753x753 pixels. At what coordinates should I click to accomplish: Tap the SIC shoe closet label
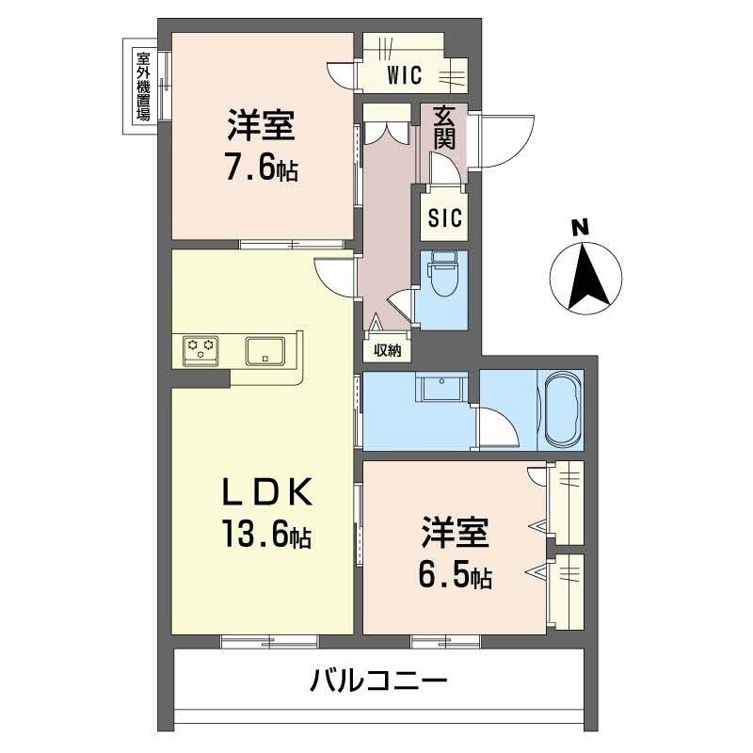point(443,218)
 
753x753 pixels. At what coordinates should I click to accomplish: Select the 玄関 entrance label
point(444,128)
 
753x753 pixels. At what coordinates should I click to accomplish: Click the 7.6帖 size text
point(261,169)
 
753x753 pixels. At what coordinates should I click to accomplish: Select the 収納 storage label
point(387,351)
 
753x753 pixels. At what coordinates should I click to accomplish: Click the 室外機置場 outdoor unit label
point(143,86)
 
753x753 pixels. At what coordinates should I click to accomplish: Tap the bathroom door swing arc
point(498,428)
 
